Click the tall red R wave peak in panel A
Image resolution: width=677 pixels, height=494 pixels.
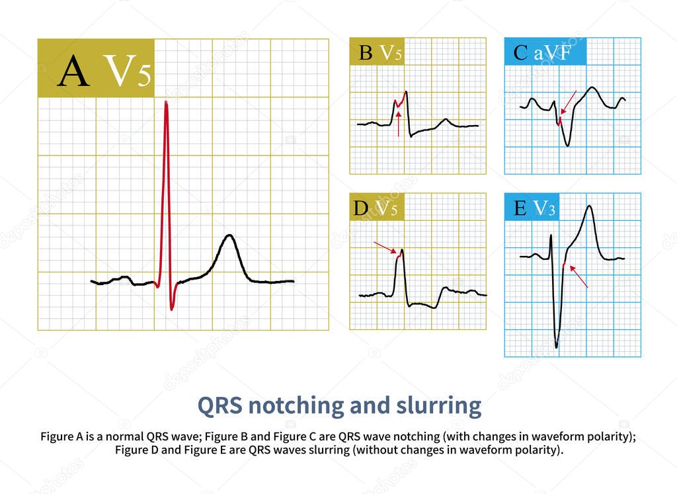(x=166, y=103)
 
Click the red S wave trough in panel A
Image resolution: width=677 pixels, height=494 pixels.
(x=172, y=308)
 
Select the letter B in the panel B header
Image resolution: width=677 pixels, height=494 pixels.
(x=366, y=53)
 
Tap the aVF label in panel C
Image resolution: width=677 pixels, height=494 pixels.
(x=551, y=53)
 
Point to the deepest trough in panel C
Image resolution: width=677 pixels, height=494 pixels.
(x=568, y=145)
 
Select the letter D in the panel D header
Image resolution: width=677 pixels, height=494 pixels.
(x=361, y=208)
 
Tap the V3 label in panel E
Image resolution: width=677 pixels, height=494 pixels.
(x=544, y=209)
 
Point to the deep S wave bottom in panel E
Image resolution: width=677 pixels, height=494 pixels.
(x=557, y=346)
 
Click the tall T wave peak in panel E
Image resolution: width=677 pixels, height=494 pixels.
(x=589, y=206)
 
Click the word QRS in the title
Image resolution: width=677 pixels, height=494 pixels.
(x=222, y=405)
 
